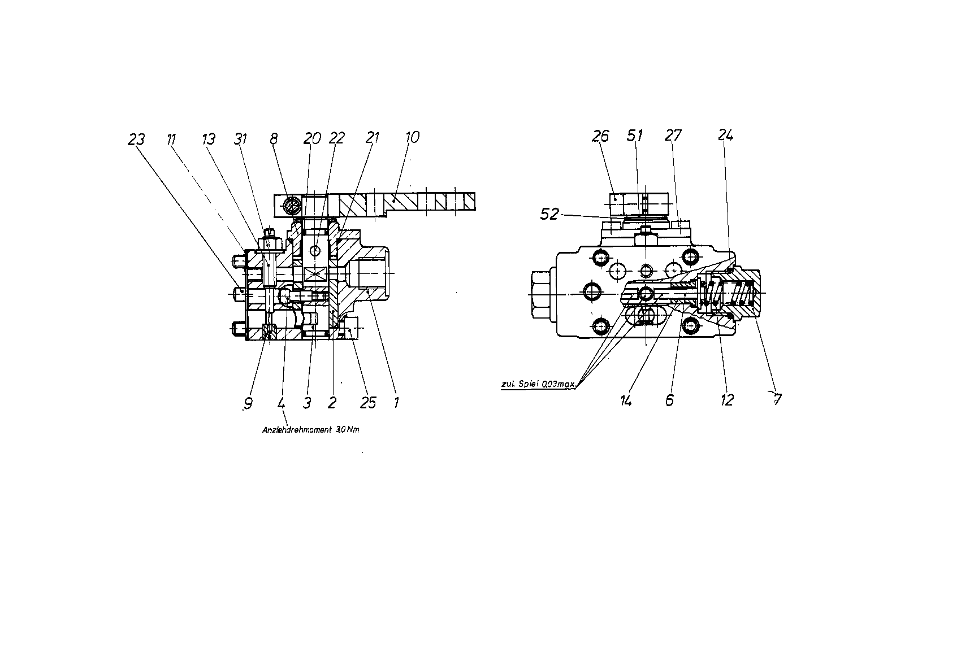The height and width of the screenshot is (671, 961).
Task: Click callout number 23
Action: [x=136, y=140]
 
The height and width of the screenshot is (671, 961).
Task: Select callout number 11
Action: [x=171, y=140]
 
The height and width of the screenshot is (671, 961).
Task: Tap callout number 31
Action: [x=241, y=139]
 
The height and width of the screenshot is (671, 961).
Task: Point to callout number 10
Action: [x=412, y=137]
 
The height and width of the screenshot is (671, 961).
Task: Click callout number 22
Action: [x=337, y=138]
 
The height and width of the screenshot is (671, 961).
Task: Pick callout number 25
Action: [x=368, y=403]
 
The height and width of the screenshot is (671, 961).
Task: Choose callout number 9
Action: [x=248, y=403]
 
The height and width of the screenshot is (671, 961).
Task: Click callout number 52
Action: [x=549, y=213]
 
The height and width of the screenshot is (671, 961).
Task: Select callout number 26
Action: [x=600, y=136]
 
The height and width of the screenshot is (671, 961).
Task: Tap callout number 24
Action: [x=726, y=135]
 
